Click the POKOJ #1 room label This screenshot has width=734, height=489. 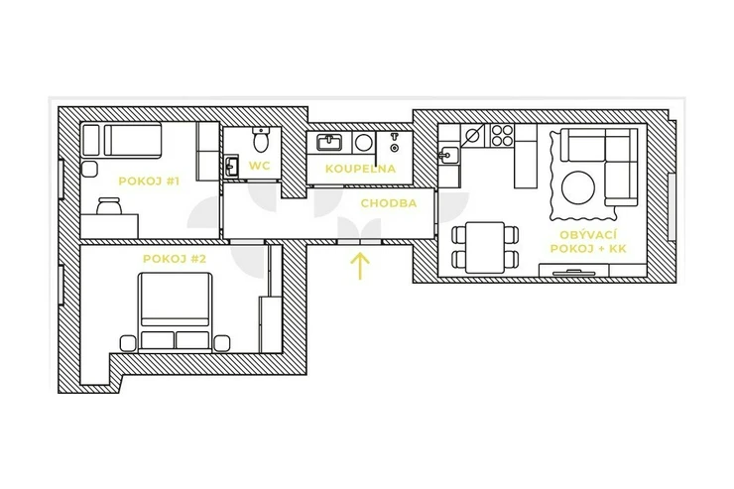[149, 182]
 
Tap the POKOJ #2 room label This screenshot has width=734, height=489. [175, 259]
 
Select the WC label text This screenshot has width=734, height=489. [259, 166]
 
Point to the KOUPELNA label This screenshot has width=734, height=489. [360, 169]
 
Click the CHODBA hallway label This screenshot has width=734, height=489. [389, 203]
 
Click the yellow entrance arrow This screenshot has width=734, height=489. [360, 266]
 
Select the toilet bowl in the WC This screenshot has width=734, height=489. [260, 139]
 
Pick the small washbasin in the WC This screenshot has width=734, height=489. [231, 166]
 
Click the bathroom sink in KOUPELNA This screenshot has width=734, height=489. [329, 142]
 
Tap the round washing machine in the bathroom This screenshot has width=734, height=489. [363, 143]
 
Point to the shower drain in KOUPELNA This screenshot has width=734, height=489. [395, 149]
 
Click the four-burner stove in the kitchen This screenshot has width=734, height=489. [502, 135]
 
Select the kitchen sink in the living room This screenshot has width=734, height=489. [448, 154]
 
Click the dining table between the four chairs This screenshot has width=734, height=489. [485, 247]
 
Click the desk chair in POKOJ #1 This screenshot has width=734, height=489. [109, 205]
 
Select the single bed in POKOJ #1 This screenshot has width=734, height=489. [133, 140]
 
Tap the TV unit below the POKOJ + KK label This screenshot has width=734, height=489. [574, 271]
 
